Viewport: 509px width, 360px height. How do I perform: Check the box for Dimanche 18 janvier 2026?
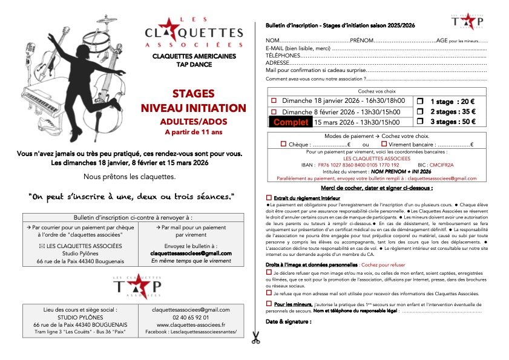tap(274, 101)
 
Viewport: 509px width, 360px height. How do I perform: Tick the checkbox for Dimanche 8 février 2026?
tap(274, 112)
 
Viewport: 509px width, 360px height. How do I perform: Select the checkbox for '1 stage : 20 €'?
tap(421, 101)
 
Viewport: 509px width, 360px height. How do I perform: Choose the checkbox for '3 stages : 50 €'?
tap(421, 122)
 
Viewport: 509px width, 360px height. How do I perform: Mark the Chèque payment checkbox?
tap(284, 144)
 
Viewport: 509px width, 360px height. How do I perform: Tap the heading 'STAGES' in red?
tap(194, 94)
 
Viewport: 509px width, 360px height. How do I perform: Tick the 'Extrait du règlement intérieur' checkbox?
tap(269, 198)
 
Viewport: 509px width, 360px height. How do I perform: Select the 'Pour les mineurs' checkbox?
tap(269, 303)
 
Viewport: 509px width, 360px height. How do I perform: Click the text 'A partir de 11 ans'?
tap(193, 131)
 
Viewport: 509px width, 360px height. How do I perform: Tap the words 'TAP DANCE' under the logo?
tap(193, 64)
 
